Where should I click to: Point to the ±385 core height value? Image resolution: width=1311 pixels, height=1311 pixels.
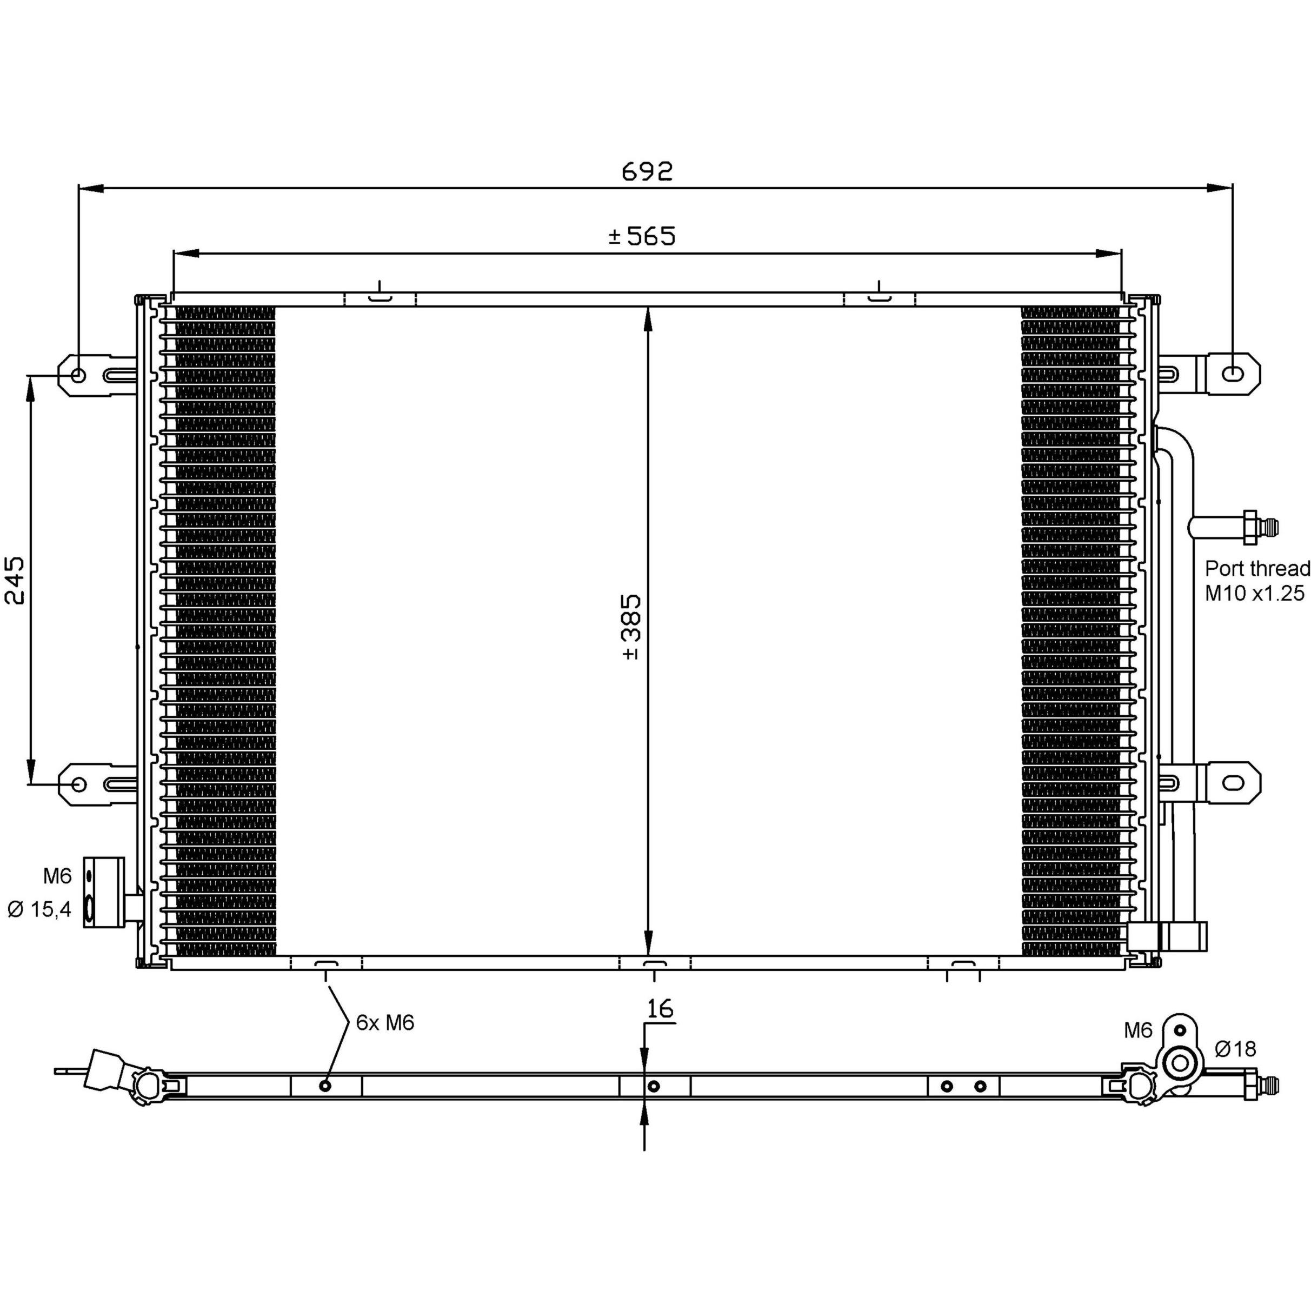[631, 627]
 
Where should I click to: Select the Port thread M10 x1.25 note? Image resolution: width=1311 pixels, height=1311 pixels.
[1257, 580]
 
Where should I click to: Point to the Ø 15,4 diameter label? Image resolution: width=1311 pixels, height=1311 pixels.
[39, 909]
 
